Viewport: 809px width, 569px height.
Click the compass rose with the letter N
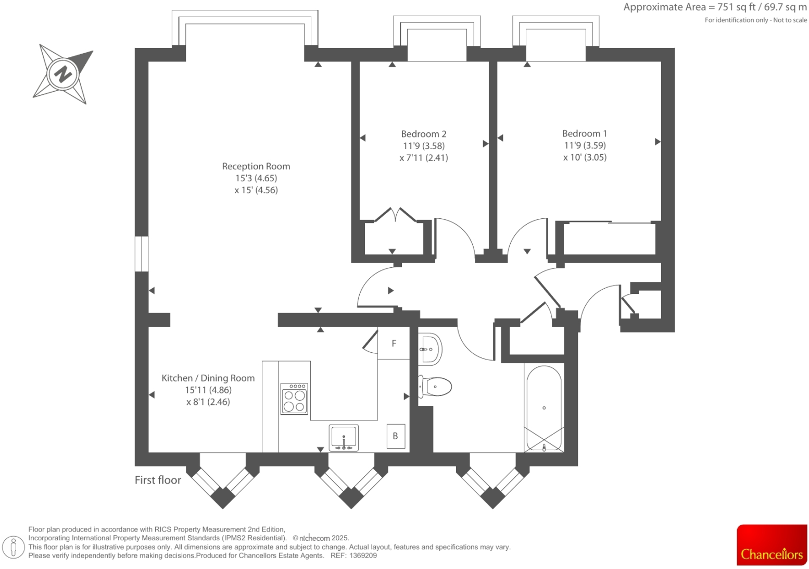(63, 73)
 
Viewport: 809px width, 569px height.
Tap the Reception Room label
(256, 166)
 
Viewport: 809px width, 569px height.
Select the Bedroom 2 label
(423, 134)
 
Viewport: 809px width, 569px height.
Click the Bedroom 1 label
(584, 133)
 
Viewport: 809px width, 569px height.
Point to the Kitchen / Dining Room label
(208, 378)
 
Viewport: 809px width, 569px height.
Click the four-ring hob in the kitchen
(294, 399)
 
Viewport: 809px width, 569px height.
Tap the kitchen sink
(344, 437)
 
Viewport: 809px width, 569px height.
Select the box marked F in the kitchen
(394, 343)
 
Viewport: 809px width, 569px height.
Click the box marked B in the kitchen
(395, 436)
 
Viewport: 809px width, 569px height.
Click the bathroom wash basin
(430, 349)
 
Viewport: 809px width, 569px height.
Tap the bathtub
(544, 408)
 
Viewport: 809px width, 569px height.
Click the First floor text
(158, 480)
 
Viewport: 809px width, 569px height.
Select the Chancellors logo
(772, 545)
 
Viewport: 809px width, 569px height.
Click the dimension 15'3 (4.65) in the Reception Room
(256, 178)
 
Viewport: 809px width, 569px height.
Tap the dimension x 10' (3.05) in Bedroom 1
(585, 157)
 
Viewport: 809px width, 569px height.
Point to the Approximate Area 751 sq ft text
(714, 7)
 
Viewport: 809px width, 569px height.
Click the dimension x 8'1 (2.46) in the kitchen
(208, 402)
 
